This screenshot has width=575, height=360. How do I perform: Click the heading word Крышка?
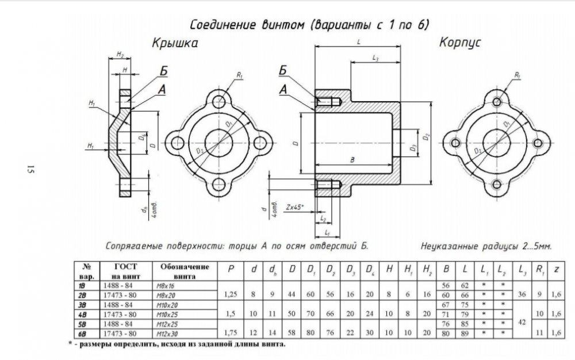coord(175,44)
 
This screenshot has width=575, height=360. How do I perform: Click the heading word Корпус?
coord(460,43)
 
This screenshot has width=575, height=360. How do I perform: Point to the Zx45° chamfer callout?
coord(296,205)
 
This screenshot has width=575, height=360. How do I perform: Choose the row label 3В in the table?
coord(85,304)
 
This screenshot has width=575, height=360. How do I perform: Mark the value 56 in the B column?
coord(444,285)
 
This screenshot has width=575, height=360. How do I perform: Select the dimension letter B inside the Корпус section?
coord(351,160)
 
